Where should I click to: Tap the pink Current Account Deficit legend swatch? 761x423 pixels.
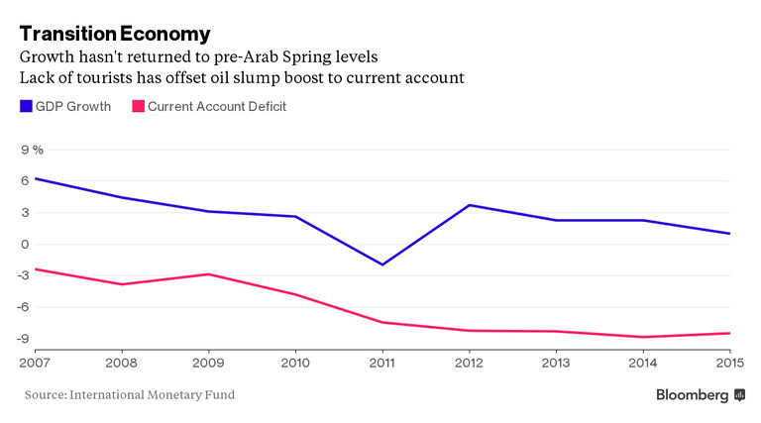point(139,106)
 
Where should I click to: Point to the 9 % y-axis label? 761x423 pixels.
point(32,149)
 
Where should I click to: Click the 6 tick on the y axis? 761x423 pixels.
point(25,180)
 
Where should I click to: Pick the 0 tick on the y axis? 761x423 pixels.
point(25,244)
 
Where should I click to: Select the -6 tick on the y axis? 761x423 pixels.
point(23,307)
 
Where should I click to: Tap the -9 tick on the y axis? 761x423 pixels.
point(23,338)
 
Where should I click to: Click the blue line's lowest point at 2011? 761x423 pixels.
point(381,264)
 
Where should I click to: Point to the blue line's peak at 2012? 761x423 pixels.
point(469,205)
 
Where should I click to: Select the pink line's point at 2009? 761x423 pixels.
point(207,273)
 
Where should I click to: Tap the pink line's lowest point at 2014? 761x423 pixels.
point(643,337)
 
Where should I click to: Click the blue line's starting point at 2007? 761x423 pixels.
point(35,178)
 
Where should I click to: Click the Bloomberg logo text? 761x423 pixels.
point(693,394)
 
